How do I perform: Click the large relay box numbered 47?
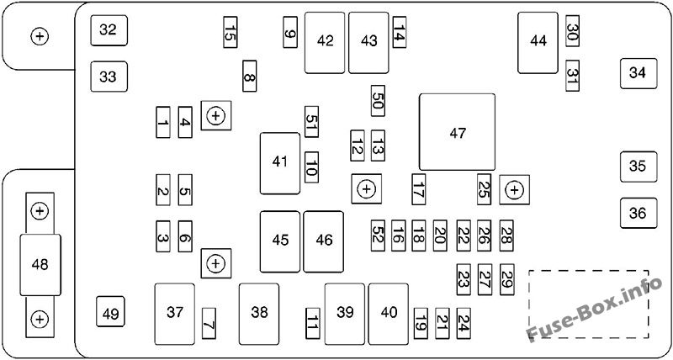click(457, 132)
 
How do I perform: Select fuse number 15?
click(230, 32)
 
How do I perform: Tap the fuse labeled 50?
click(378, 101)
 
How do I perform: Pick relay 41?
click(280, 163)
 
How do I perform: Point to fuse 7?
click(209, 323)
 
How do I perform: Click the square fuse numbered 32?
click(109, 30)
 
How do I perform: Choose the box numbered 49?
click(110, 311)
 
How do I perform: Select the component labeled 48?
click(40, 265)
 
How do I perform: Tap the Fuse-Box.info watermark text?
click(594, 309)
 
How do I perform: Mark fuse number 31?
click(572, 76)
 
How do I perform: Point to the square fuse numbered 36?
click(639, 213)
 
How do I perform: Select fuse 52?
click(378, 236)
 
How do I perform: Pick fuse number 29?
click(507, 279)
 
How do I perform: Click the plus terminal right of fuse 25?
click(515, 189)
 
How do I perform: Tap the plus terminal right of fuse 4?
click(216, 115)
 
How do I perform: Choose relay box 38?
click(259, 313)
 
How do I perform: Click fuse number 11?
click(312, 323)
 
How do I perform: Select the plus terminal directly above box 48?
click(40, 211)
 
